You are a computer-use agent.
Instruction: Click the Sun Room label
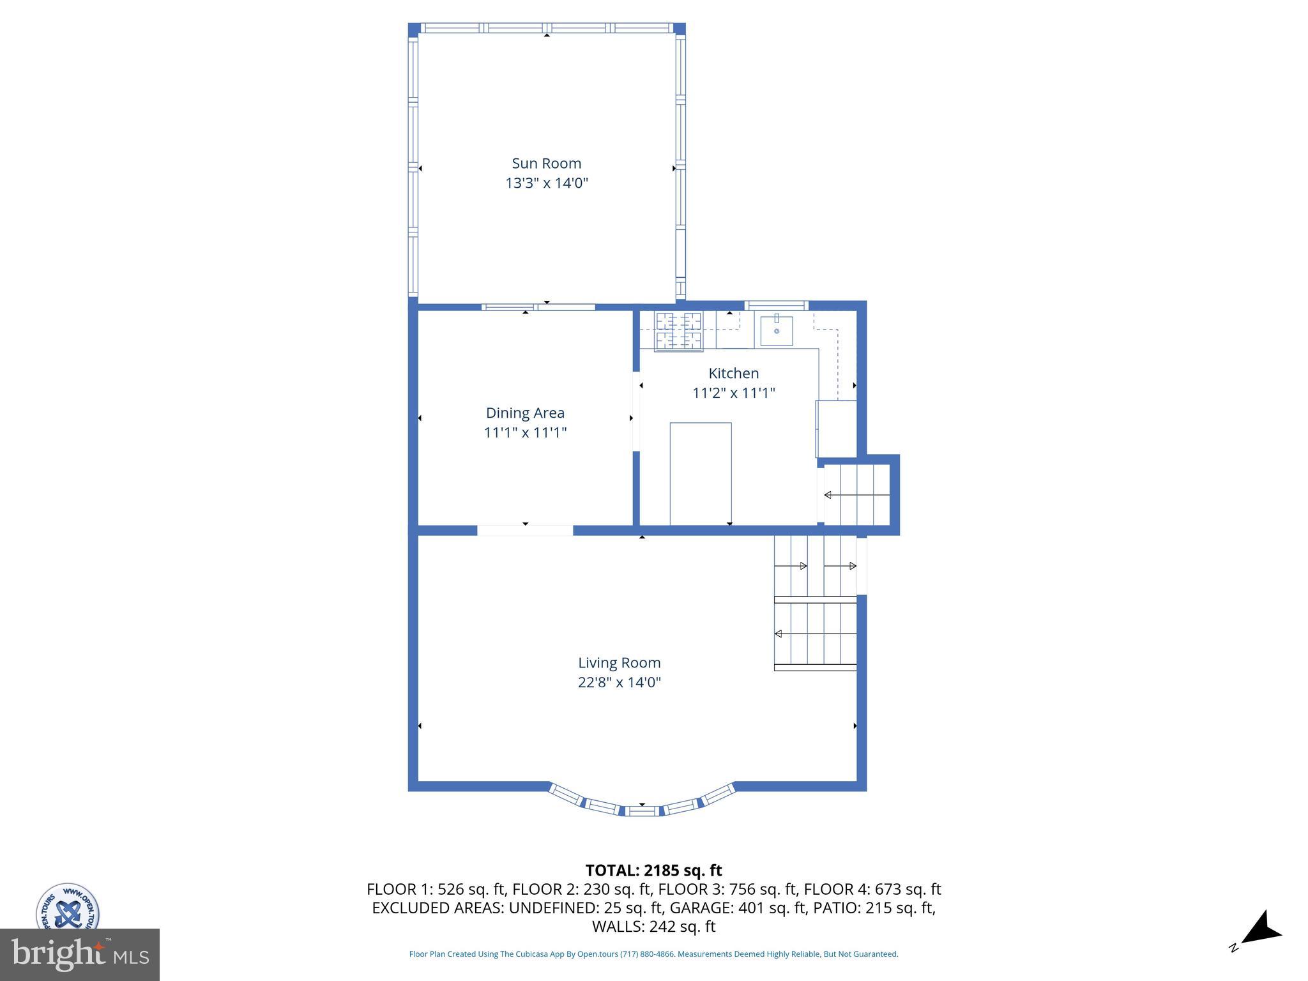pos(546,163)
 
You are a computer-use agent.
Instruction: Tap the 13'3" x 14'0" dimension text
pos(546,183)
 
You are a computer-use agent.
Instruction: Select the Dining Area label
pos(525,413)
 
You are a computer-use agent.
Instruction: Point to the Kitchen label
pos(733,373)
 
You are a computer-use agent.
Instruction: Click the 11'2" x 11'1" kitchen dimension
pos(733,393)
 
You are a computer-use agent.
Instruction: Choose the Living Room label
pos(619,662)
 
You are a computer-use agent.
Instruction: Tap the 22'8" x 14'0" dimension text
pos(619,682)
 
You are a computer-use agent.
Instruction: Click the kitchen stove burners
pos(678,330)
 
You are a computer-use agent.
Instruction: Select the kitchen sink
pos(777,331)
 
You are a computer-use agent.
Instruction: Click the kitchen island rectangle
pos(701,473)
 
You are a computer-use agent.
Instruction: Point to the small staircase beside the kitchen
pos(856,495)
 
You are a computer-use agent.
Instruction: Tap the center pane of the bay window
pos(641,810)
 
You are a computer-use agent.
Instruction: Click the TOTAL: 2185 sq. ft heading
pos(653,871)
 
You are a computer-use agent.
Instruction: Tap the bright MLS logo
pos(79,954)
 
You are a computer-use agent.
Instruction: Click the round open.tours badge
pos(67,907)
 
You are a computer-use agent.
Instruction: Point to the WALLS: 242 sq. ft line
pos(653,927)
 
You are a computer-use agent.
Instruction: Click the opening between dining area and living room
pos(525,530)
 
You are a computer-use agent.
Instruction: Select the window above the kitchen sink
pos(776,305)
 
